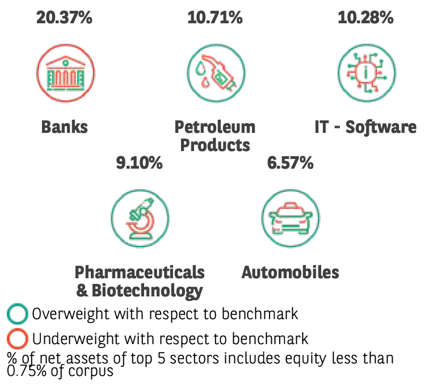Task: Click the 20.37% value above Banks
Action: coord(64,18)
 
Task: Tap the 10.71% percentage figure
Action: coord(215,18)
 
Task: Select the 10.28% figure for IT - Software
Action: coord(365,18)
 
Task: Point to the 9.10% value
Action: coord(140,164)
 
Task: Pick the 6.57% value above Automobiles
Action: coord(290,164)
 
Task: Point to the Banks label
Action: coord(65,127)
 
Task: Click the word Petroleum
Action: coord(215,127)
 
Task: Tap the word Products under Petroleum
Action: coord(215,145)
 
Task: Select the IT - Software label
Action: coord(365,127)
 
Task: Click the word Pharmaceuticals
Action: coord(140,272)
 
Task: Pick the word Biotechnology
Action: coord(146,291)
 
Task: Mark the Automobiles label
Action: coord(290,272)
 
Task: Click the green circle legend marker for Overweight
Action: coord(18,313)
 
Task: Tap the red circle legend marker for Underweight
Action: coord(18,339)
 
